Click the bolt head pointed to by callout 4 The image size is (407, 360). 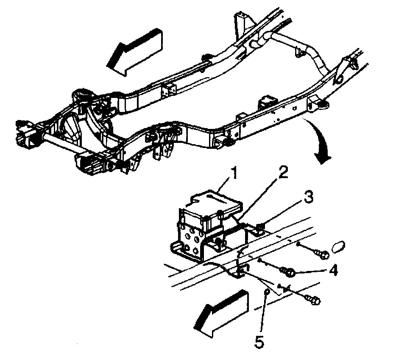tap(290, 271)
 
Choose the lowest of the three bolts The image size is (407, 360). tap(314, 300)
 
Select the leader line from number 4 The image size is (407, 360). tap(312, 271)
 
